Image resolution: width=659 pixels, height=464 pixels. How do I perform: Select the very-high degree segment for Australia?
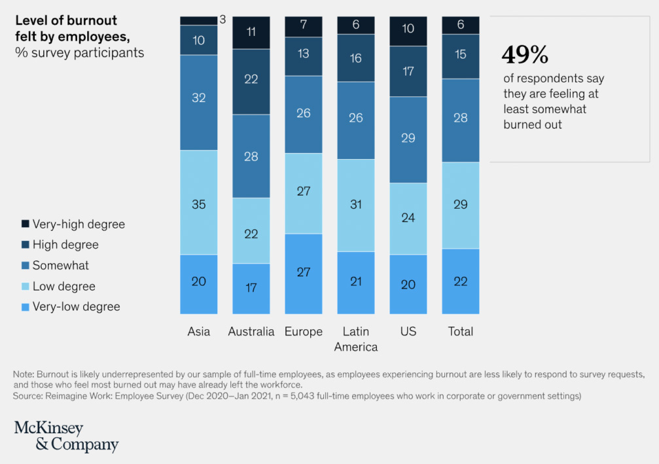(x=251, y=32)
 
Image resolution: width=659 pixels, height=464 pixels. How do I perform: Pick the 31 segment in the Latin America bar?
(x=356, y=205)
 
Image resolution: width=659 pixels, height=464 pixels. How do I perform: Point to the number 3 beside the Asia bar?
(x=223, y=20)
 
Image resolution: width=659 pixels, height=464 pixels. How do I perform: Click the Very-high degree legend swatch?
(x=25, y=224)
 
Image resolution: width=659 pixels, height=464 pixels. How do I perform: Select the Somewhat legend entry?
(x=60, y=266)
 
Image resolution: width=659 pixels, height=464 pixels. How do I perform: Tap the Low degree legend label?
(x=63, y=287)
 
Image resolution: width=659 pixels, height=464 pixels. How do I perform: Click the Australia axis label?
(x=251, y=332)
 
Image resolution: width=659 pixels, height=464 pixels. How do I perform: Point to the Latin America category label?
(x=356, y=339)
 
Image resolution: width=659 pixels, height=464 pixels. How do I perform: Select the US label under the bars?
(x=408, y=332)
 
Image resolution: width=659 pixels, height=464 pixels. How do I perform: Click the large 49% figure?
(x=525, y=56)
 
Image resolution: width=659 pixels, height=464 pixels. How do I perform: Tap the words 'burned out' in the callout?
(x=533, y=124)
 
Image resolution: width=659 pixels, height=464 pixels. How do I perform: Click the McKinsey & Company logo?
(x=66, y=437)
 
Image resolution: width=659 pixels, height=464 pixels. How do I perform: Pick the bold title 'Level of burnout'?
(x=66, y=20)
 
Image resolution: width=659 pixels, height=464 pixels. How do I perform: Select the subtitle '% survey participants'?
(x=79, y=52)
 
